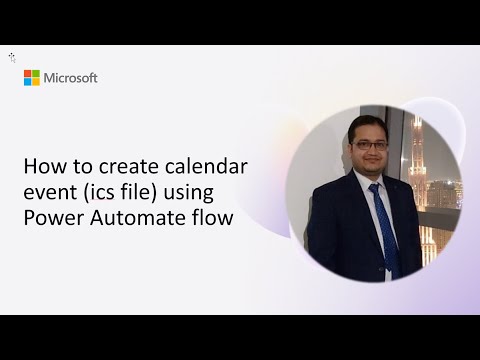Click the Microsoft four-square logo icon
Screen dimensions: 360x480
tap(32, 78)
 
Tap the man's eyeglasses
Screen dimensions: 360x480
tap(370, 144)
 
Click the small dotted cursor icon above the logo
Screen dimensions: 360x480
tap(12, 58)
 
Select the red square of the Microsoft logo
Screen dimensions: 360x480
tap(28, 74)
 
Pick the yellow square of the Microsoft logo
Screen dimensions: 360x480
tap(36, 82)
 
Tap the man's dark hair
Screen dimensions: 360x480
tap(367, 124)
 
